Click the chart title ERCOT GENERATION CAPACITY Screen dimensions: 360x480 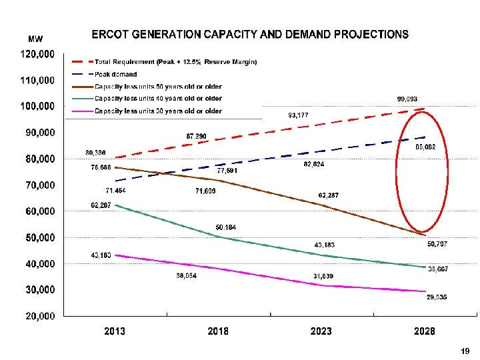(250, 34)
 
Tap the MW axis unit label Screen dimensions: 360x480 (35, 39)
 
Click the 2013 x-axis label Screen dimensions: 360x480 (115, 331)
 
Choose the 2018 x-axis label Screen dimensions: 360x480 (218, 331)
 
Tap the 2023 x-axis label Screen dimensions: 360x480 (321, 331)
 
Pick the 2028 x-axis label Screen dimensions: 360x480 (425, 331)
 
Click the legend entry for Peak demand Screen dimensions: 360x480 (115, 74)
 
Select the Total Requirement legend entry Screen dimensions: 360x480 (175, 62)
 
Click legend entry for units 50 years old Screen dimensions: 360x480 (158, 87)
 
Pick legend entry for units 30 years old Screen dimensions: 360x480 (158, 111)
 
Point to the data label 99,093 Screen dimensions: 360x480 (407, 99)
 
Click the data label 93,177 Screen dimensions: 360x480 (299, 115)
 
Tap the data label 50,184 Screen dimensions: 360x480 (225, 227)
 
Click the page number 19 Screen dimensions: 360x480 (465, 351)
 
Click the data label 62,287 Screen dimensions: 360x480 (328, 195)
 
